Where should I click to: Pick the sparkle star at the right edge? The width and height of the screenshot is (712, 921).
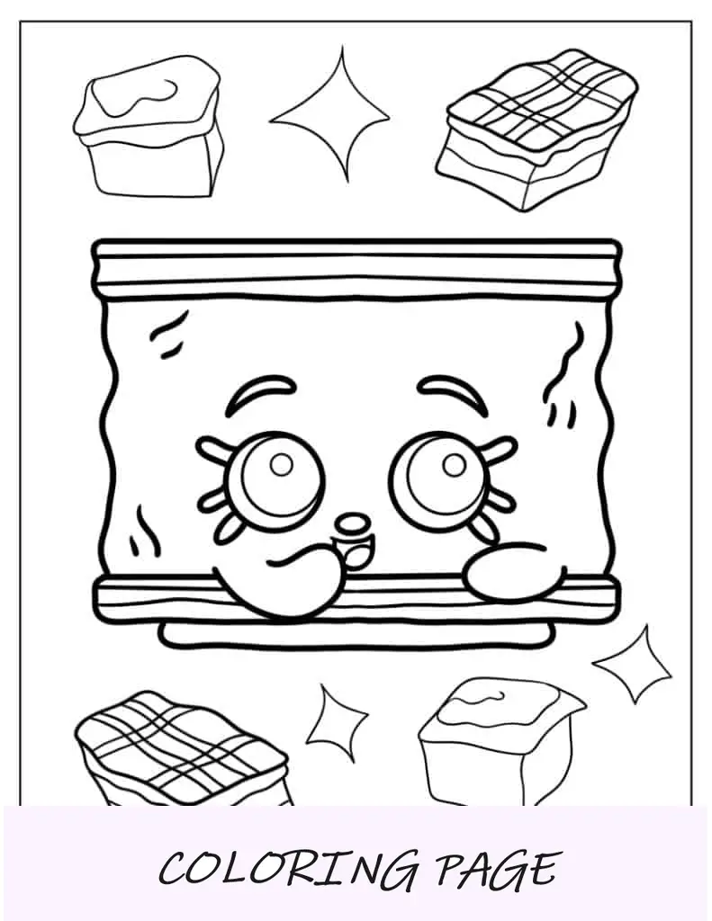pos(633,664)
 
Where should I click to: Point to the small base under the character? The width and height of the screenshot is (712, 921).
pos(356,634)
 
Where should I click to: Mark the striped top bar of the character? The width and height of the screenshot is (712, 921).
pos(356,268)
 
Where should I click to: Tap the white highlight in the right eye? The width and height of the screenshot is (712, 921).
pos(454,465)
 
